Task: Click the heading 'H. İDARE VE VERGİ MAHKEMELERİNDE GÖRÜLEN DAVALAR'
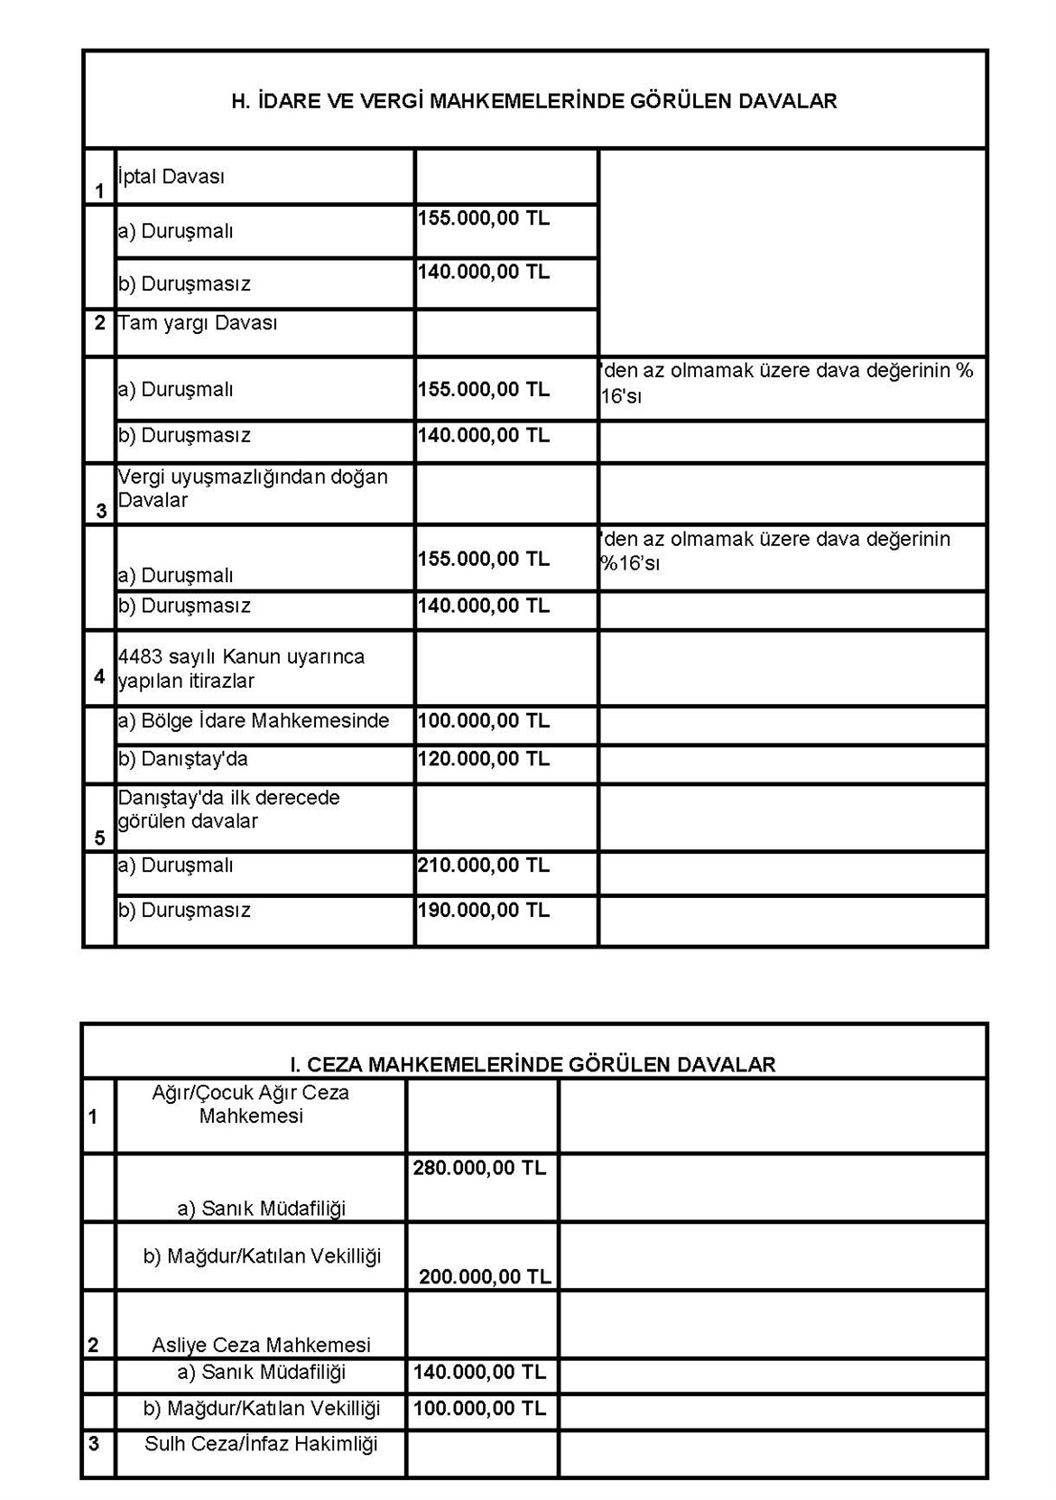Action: click(534, 101)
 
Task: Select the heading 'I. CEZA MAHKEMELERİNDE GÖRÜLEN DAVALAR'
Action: click(533, 1064)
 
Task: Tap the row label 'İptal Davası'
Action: click(171, 177)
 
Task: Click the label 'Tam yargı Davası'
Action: click(198, 323)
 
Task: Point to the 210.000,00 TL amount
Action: click(483, 866)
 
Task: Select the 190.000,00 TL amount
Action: click(483, 910)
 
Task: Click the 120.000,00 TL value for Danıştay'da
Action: click(483, 759)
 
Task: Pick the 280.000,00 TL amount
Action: click(479, 1168)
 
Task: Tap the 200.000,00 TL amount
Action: click(485, 1276)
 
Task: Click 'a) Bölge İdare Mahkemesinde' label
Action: click(254, 721)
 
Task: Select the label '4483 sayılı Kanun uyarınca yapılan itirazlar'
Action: click(241, 669)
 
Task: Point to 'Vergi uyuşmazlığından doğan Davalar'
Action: click(253, 488)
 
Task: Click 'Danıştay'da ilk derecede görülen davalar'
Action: click(229, 810)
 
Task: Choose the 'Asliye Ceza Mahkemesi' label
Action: click(261, 1345)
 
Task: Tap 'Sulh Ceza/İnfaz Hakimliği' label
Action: click(261, 1443)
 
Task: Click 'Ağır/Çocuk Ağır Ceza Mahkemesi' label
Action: click(251, 1104)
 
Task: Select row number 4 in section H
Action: click(99, 675)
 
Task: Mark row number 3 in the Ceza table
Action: click(94, 1443)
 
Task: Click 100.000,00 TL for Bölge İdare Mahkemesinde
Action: click(483, 721)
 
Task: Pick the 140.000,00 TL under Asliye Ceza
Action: click(479, 1373)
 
